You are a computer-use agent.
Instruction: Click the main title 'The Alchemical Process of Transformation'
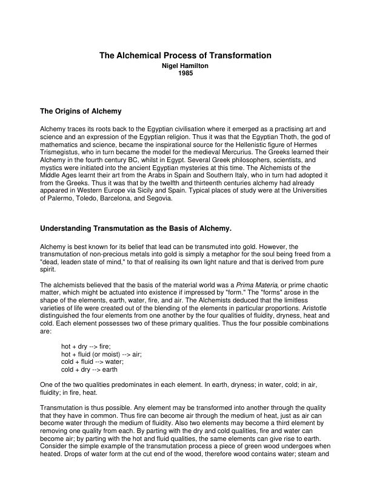[x=185, y=55]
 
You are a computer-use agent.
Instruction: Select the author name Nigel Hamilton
[x=185, y=65]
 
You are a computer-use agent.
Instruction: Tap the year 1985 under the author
[x=185, y=73]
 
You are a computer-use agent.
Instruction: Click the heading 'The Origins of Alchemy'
[x=81, y=111]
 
